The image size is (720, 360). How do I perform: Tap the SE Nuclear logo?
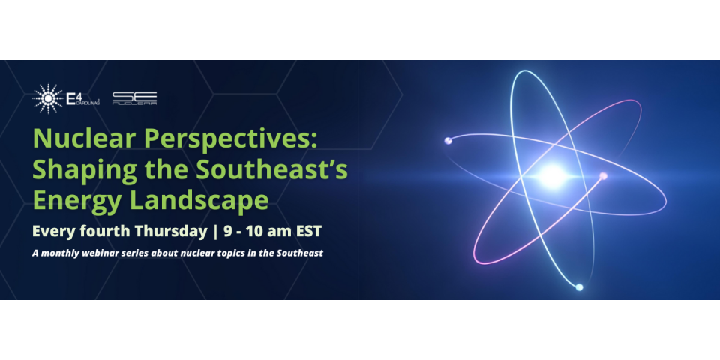click(x=134, y=98)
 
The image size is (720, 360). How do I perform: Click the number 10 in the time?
click(x=253, y=230)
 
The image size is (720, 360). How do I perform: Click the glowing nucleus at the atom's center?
click(x=552, y=176)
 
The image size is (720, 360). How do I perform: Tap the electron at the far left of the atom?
click(x=448, y=140)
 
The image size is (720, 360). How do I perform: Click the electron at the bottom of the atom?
click(x=578, y=286)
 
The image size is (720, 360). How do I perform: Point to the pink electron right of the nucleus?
click(x=603, y=176)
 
